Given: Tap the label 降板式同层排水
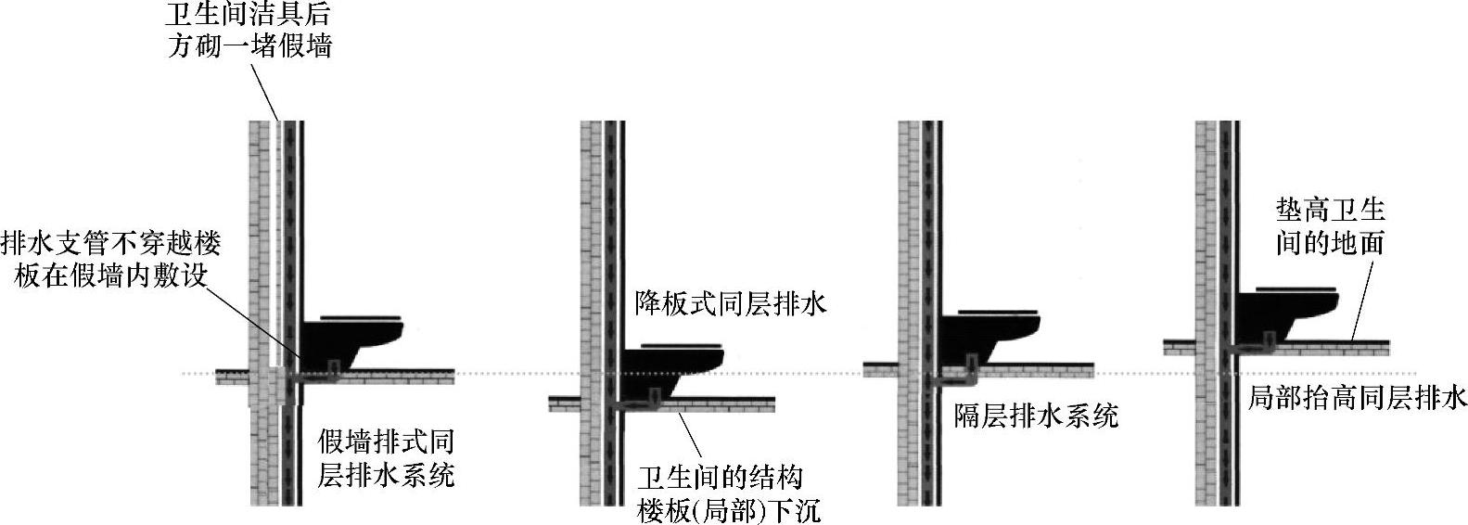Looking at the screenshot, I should pos(730,303).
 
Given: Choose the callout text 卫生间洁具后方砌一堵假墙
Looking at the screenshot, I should pos(249,30).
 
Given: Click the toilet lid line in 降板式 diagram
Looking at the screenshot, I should pos(682,345).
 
